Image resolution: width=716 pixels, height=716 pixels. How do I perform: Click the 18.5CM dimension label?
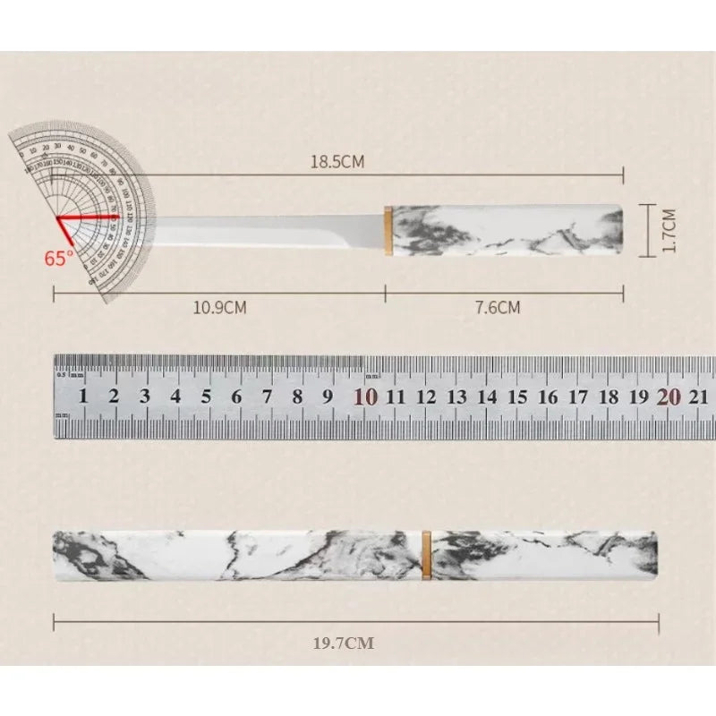tap(337, 162)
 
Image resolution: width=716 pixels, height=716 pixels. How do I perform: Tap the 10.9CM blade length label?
tap(219, 308)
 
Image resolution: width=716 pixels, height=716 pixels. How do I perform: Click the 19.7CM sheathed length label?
tap(344, 643)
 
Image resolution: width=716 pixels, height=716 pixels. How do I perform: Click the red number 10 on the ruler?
tap(365, 397)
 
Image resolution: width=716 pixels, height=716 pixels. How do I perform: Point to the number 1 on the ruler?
tap(83, 397)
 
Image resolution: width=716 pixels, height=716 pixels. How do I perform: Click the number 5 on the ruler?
tap(206, 397)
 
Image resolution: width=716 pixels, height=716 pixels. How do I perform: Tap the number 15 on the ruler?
tap(517, 397)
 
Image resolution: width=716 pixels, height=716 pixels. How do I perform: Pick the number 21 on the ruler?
tap(700, 397)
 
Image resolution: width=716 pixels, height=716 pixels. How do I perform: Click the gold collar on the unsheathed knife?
tap(388, 230)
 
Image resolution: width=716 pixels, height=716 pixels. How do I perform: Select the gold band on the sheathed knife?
tap(426, 555)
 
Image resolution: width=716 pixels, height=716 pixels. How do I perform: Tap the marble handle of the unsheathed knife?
tap(506, 230)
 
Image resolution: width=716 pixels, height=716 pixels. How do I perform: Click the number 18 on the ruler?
tap(609, 397)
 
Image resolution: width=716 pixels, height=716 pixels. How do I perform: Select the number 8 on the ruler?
tap(297, 397)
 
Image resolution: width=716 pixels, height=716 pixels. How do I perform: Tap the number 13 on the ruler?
tap(456, 397)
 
